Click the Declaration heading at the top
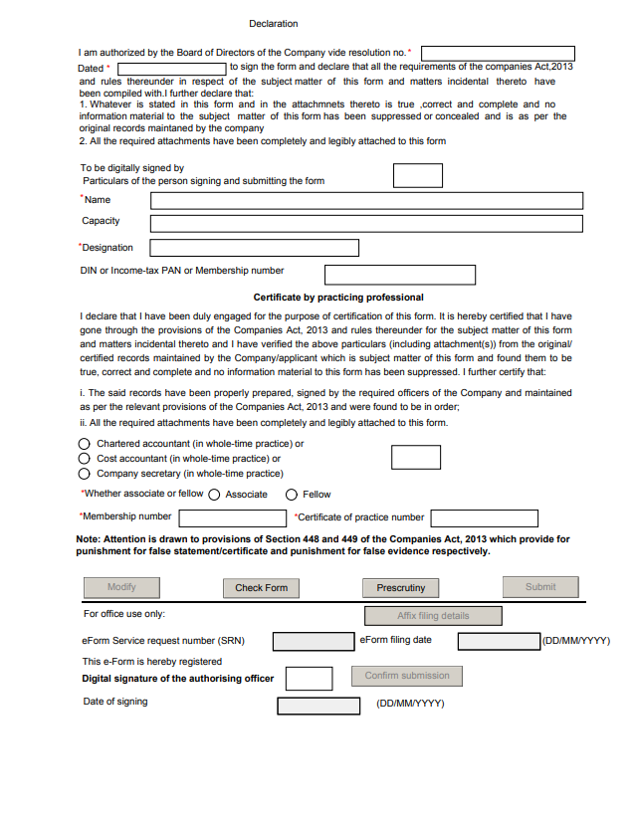(273, 24)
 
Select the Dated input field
(172, 68)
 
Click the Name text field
(365, 200)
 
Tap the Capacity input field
(365, 222)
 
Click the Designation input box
(254, 248)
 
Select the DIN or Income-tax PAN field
(400, 275)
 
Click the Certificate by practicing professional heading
(338, 298)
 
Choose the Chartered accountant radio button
(85, 444)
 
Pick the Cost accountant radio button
(85, 459)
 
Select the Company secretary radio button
(85, 475)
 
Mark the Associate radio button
(214, 495)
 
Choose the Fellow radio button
(292, 495)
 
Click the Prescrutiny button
(400, 588)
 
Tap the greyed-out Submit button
(540, 587)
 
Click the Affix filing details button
(433, 616)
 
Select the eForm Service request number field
(313, 642)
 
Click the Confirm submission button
(407, 676)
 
